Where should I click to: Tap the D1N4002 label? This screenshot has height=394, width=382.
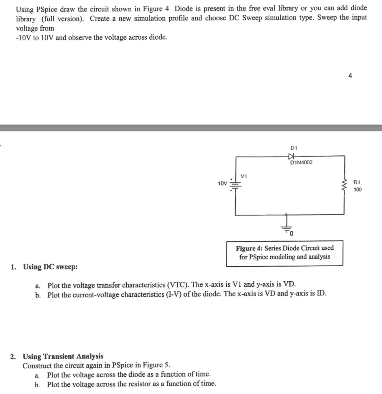click(301, 163)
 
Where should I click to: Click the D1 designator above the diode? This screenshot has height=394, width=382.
click(294, 147)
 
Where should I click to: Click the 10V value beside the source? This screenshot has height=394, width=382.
click(223, 184)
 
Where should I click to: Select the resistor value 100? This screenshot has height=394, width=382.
click(357, 190)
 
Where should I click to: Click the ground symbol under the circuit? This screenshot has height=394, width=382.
click(286, 227)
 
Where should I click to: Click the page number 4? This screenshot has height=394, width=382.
click(350, 76)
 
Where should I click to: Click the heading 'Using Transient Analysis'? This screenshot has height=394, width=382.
click(63, 356)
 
